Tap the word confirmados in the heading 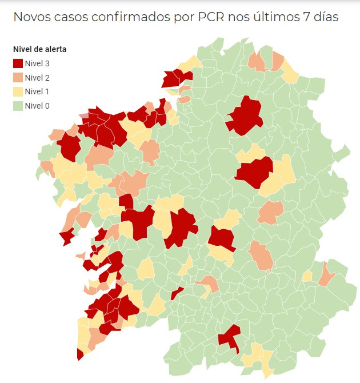(138, 17)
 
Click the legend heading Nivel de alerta (39, 49)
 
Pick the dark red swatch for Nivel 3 (18, 63)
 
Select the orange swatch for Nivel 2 (18, 78)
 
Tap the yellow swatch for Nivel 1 (18, 91)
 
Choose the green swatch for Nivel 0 (18, 105)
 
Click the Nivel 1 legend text (37, 91)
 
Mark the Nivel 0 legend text (37, 105)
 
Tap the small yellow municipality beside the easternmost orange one (307, 276)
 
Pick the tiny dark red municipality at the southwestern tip (79, 354)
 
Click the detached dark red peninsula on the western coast (66, 236)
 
